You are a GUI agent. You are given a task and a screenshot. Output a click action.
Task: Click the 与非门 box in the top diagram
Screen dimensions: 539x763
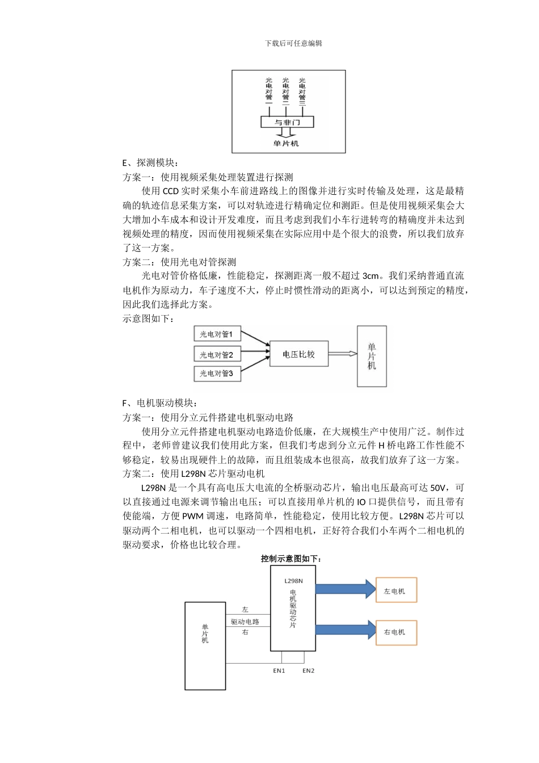tap(287, 122)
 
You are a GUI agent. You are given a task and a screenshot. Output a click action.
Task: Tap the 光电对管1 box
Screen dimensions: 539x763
tap(216, 334)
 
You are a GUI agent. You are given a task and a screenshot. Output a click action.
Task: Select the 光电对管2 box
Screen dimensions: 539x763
tap(216, 355)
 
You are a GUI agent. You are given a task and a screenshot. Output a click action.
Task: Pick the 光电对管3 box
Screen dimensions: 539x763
tap(216, 374)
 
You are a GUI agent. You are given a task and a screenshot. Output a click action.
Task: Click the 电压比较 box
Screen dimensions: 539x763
tap(298, 354)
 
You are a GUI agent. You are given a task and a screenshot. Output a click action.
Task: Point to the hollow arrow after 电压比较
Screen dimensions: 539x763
tap(343, 354)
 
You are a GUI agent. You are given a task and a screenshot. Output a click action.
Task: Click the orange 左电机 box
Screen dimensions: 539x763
tap(396, 591)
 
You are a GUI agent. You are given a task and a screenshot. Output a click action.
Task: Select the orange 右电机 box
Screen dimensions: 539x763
tap(396, 632)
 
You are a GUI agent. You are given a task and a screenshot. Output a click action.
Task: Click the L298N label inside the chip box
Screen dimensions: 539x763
tap(293, 581)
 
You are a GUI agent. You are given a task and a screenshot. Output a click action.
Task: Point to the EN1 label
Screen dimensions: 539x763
tap(279, 670)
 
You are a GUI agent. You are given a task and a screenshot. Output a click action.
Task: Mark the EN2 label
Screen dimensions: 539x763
tap(308, 670)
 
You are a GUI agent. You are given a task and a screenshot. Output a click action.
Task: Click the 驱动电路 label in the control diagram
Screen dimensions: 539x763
tap(245, 622)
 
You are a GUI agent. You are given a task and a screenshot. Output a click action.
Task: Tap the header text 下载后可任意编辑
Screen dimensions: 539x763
tap(293, 43)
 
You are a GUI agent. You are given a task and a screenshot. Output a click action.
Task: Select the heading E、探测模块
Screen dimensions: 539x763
tap(150, 163)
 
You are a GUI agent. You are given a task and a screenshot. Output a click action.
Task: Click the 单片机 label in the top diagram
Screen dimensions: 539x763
tap(286, 144)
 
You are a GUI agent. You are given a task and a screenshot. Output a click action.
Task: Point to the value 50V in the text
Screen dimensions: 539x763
tap(439, 488)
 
